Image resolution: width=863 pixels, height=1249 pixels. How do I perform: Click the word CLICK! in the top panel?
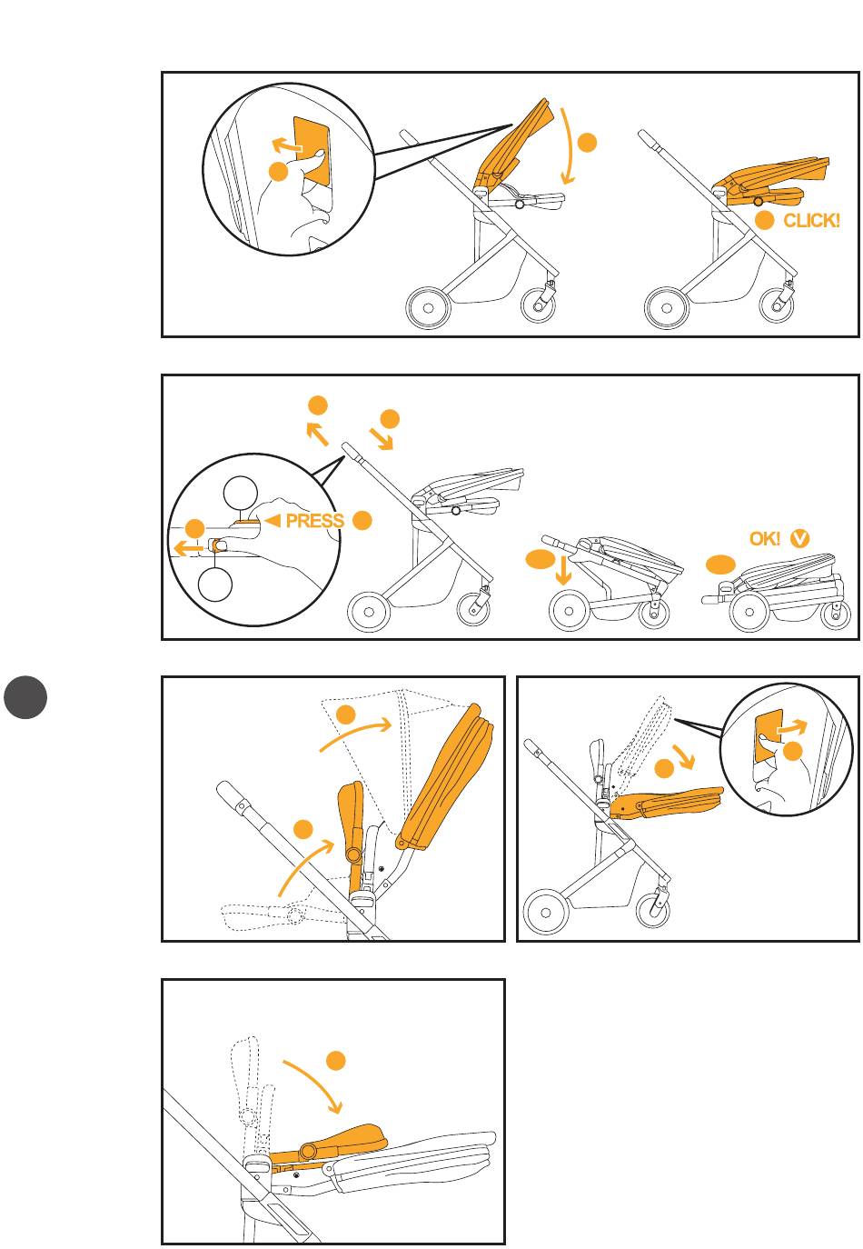pos(810,221)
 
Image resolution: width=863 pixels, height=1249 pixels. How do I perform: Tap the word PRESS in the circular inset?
pos(314,521)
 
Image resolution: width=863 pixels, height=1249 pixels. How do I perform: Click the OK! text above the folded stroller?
pos(764,539)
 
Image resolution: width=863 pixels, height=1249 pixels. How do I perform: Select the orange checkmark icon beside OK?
pos(799,538)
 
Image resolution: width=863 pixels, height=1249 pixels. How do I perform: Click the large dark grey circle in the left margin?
pos(25,697)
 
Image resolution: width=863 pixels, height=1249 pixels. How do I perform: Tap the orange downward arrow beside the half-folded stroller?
pos(564,568)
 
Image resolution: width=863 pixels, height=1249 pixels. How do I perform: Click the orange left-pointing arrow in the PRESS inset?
pos(188,549)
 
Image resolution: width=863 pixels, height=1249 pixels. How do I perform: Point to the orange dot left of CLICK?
pos(764,221)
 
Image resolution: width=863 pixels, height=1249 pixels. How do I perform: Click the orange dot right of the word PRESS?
pos(362,520)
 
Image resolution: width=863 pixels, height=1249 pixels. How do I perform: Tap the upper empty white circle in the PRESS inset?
pos(240,494)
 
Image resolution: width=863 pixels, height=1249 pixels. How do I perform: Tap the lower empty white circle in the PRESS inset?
pos(215,585)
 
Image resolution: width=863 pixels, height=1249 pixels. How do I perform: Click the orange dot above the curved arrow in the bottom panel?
pos(335,1060)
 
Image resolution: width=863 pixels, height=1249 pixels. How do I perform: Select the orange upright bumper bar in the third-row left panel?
pos(351,834)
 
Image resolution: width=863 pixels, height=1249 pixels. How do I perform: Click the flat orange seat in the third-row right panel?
pos(667,804)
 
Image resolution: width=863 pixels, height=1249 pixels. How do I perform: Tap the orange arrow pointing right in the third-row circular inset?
pos(792,726)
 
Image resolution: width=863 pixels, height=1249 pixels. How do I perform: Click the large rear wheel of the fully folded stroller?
pos(749,612)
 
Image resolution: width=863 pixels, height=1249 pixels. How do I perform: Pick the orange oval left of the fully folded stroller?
pos(721,565)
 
